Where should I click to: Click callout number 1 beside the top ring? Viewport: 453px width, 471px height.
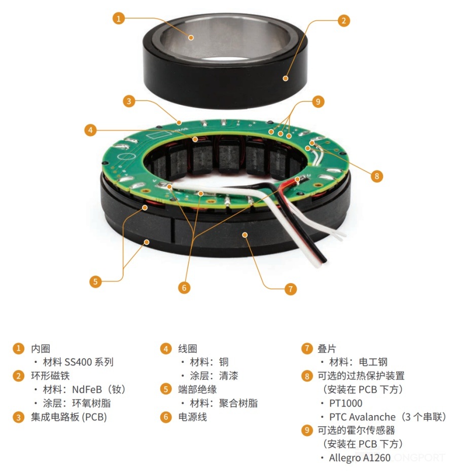[119, 18]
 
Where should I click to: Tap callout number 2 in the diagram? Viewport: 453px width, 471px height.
[344, 21]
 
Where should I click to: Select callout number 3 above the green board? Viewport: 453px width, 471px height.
[129, 101]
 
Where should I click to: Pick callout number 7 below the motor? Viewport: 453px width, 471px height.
[290, 289]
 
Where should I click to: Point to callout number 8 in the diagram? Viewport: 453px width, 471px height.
[377, 176]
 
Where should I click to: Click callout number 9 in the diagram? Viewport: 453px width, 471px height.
[318, 102]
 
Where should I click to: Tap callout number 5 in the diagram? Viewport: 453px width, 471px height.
[95, 282]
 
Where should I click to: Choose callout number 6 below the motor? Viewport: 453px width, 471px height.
[184, 287]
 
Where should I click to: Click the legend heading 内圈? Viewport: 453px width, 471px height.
[41, 349]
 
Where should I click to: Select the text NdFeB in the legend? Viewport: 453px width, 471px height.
[87, 390]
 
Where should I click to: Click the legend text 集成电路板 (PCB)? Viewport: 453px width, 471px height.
[69, 417]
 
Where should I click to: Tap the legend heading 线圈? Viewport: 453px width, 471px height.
[188, 349]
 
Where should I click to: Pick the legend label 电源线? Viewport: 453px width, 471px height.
[192, 417]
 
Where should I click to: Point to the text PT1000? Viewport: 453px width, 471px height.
[346, 403]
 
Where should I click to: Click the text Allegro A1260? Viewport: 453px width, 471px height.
[360, 458]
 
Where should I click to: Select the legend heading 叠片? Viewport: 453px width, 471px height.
[327, 349]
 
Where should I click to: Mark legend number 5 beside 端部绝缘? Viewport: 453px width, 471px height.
[166, 389]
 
